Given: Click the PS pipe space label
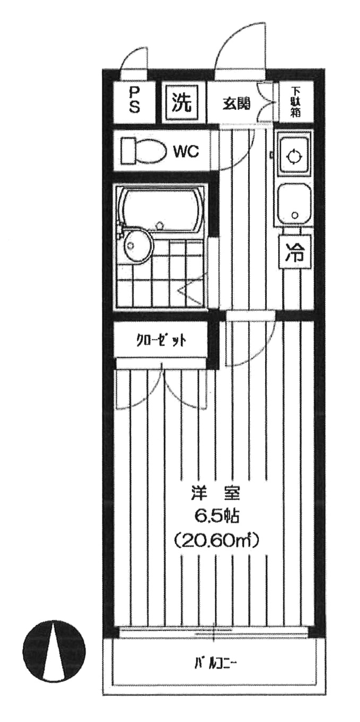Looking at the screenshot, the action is [x=134, y=101].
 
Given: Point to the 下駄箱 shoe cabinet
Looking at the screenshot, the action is [x=295, y=102].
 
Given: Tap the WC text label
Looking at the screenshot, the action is [x=186, y=152].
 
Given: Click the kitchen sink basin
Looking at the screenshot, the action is [x=294, y=204].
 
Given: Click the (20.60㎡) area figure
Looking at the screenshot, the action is [x=216, y=542].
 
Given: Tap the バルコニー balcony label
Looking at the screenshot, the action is [x=215, y=662].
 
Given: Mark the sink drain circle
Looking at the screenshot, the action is [x=294, y=216].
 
